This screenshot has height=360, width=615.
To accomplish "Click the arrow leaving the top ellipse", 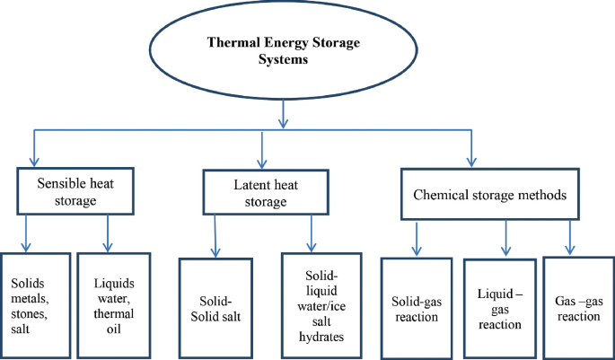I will (284, 112).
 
